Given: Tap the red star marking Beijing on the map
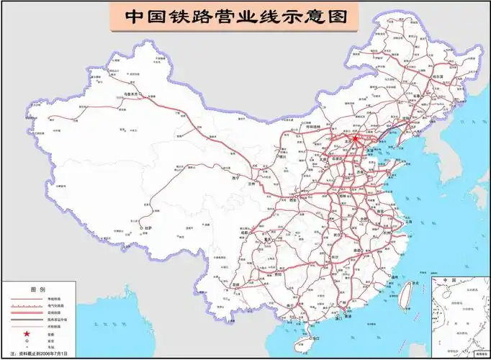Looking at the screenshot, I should [354, 137].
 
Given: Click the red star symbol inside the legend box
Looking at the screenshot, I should [27, 333].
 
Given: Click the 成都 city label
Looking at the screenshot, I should [245, 232].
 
